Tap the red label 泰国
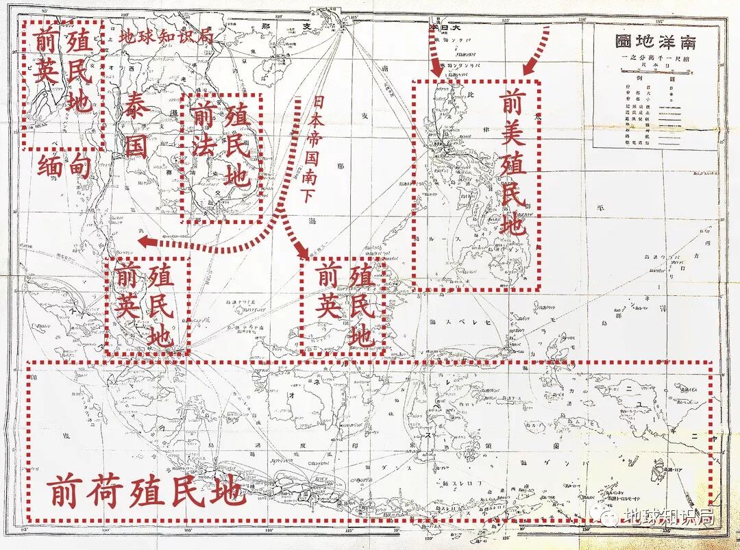tap(136, 130)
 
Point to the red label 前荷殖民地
tap(145, 492)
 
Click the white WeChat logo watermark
tap(609, 515)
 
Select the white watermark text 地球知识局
tap(671, 516)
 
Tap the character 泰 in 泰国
tap(136, 109)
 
